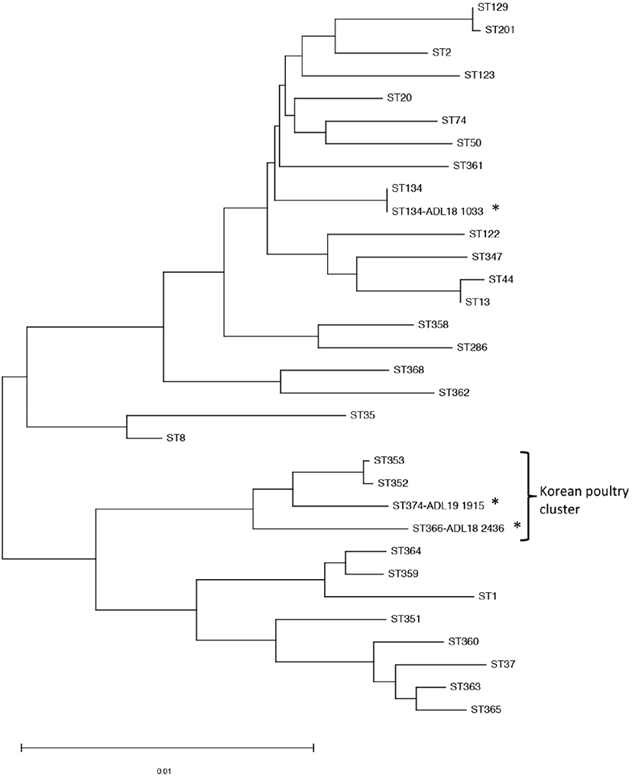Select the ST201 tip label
click(500, 30)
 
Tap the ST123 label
click(479, 76)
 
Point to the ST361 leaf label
click(468, 166)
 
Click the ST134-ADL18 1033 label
click(437, 211)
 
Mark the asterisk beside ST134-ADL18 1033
click(495, 209)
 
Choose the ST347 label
click(487, 257)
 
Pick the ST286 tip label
click(472, 348)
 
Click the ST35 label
click(362, 416)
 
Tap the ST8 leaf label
click(176, 438)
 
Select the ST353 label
click(389, 461)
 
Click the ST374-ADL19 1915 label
click(438, 506)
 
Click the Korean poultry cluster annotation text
click(584, 500)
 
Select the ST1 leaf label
click(488, 596)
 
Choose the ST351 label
click(406, 619)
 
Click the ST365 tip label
click(486, 710)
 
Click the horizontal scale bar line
click(167, 747)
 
